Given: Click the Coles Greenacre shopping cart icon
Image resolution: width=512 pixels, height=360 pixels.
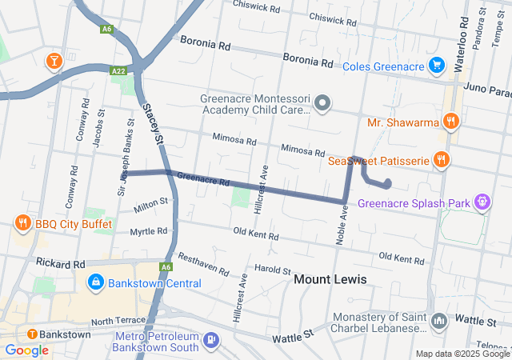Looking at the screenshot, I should coord(436,65).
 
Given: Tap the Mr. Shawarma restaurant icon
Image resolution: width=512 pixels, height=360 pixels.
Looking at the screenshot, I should coord(451,122).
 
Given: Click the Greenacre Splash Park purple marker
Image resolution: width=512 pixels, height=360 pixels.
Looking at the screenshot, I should coord(482,203).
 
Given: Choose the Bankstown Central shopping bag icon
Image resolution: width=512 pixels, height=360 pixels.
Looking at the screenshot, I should coord(95,282).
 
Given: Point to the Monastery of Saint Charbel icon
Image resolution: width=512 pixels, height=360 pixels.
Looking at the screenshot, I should coord(438,322).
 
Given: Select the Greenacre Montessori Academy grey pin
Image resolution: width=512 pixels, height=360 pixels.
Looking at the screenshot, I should coord(322,102).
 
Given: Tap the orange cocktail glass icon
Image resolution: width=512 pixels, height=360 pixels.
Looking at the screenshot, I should coord(54,60).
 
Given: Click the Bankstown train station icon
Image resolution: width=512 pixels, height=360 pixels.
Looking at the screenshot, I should coord(31,334).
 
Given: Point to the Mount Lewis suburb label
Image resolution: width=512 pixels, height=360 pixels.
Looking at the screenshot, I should coord(330,279).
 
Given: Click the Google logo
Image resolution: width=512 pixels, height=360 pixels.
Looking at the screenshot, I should coord(26,350).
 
